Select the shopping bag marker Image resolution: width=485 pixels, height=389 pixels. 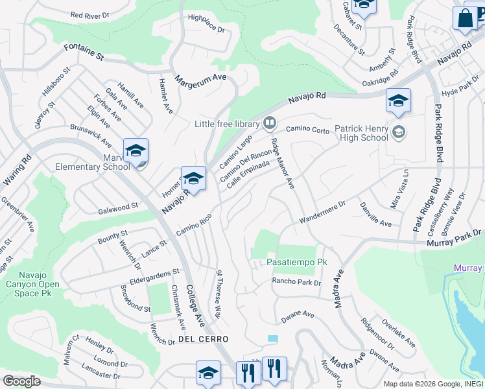[466, 19]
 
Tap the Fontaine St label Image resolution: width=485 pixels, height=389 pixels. [84, 52]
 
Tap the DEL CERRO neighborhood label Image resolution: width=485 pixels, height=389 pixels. [203, 339]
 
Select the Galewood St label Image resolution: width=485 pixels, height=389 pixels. [118, 206]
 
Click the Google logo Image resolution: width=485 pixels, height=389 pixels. [21, 381]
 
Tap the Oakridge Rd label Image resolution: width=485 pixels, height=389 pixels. [380, 81]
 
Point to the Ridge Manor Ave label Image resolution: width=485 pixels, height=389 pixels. [283, 164]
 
